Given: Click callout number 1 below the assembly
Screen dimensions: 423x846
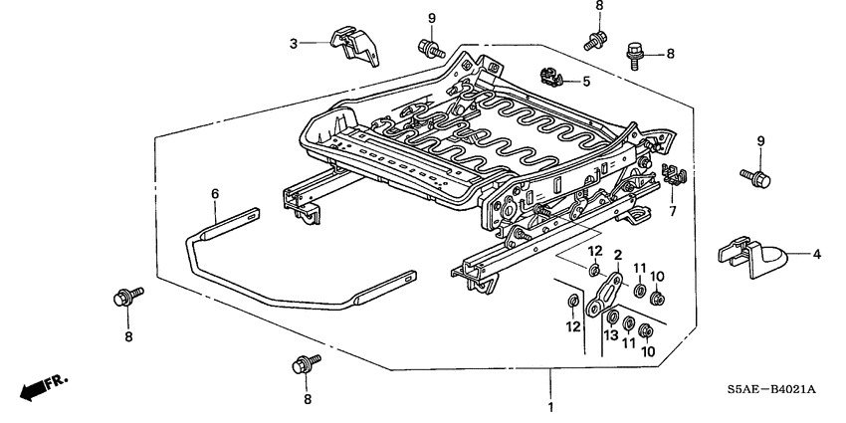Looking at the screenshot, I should pos(550,407).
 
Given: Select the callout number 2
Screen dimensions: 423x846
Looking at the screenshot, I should pos(617,255).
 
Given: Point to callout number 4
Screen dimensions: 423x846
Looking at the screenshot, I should pos(816,255).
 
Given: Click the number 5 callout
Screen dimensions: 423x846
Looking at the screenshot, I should pos(586,81).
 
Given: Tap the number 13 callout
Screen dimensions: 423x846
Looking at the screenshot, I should pos(610,337).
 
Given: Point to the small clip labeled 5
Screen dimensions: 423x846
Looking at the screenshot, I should pos(550,75).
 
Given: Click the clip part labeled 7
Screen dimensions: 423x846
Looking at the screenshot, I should pos(674,175).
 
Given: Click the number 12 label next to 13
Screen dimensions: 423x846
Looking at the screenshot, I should pos(571,326).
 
